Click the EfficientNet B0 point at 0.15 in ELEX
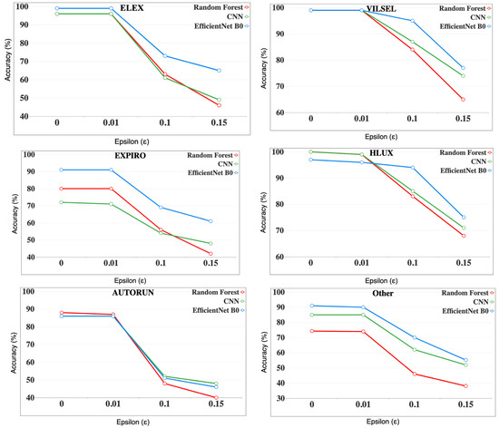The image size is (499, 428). point(219,71)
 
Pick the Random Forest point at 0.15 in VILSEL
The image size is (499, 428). point(462,100)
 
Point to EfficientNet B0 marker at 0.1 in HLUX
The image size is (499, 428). point(412,168)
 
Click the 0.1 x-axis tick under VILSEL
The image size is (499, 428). point(412,119)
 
